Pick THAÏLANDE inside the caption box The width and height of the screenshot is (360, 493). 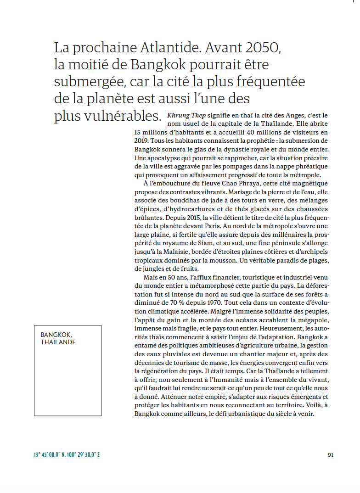[58, 342]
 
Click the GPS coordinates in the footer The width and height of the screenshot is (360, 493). [67, 455]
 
